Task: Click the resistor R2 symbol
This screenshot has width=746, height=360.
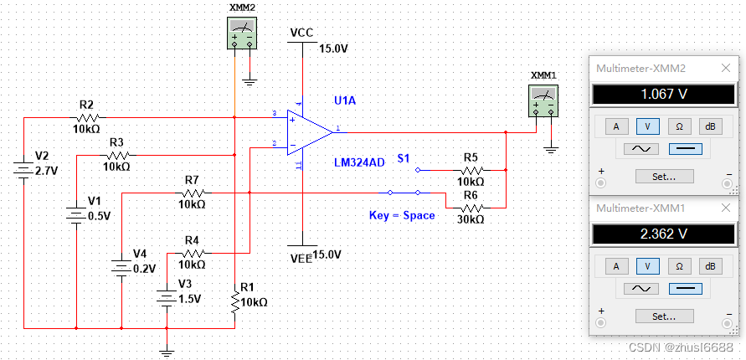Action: pos(89,118)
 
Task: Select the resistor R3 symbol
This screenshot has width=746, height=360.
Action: pos(118,155)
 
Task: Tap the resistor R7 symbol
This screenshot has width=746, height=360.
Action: pos(193,193)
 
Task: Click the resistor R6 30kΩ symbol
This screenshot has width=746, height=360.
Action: pos(471,207)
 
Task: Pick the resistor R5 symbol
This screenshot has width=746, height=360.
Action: pos(471,169)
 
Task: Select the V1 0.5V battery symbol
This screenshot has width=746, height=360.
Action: pos(76,215)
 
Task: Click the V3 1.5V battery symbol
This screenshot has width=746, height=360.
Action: pos(168,297)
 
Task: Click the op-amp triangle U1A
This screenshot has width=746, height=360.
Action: pos(309,131)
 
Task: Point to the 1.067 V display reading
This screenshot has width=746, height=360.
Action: pos(663,95)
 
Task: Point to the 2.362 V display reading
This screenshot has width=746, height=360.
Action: pos(663,234)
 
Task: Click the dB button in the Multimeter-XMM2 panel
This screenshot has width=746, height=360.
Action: pos(710,126)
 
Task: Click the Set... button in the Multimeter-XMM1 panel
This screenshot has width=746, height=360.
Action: pos(663,316)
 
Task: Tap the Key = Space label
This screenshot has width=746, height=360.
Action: pos(402,215)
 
